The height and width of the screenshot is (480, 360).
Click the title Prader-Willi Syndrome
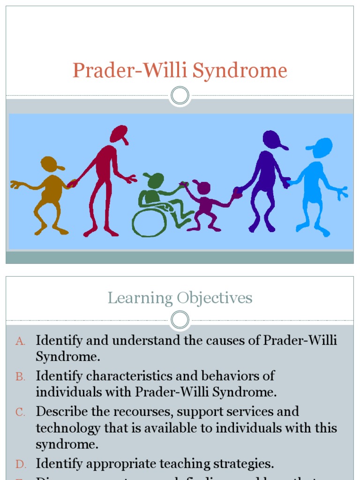pyautogui.click(x=180, y=71)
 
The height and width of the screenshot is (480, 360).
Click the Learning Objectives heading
pyautogui.click(x=180, y=298)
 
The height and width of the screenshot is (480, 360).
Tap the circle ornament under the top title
pyautogui.click(x=180, y=96)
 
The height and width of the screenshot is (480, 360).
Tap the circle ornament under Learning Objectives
pyautogui.click(x=180, y=321)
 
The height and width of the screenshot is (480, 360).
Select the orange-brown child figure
pyautogui.click(x=49, y=192)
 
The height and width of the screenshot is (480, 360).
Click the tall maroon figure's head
pyautogui.click(x=119, y=134)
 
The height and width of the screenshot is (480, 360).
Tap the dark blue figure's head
pyautogui.click(x=272, y=139)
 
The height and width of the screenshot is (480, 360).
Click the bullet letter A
pyautogui.click(x=20, y=341)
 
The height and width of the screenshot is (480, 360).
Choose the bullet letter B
pyautogui.click(x=20, y=376)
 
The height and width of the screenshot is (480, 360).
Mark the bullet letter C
pyautogui.click(x=20, y=412)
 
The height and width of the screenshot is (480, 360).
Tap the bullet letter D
pyautogui.click(x=20, y=465)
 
